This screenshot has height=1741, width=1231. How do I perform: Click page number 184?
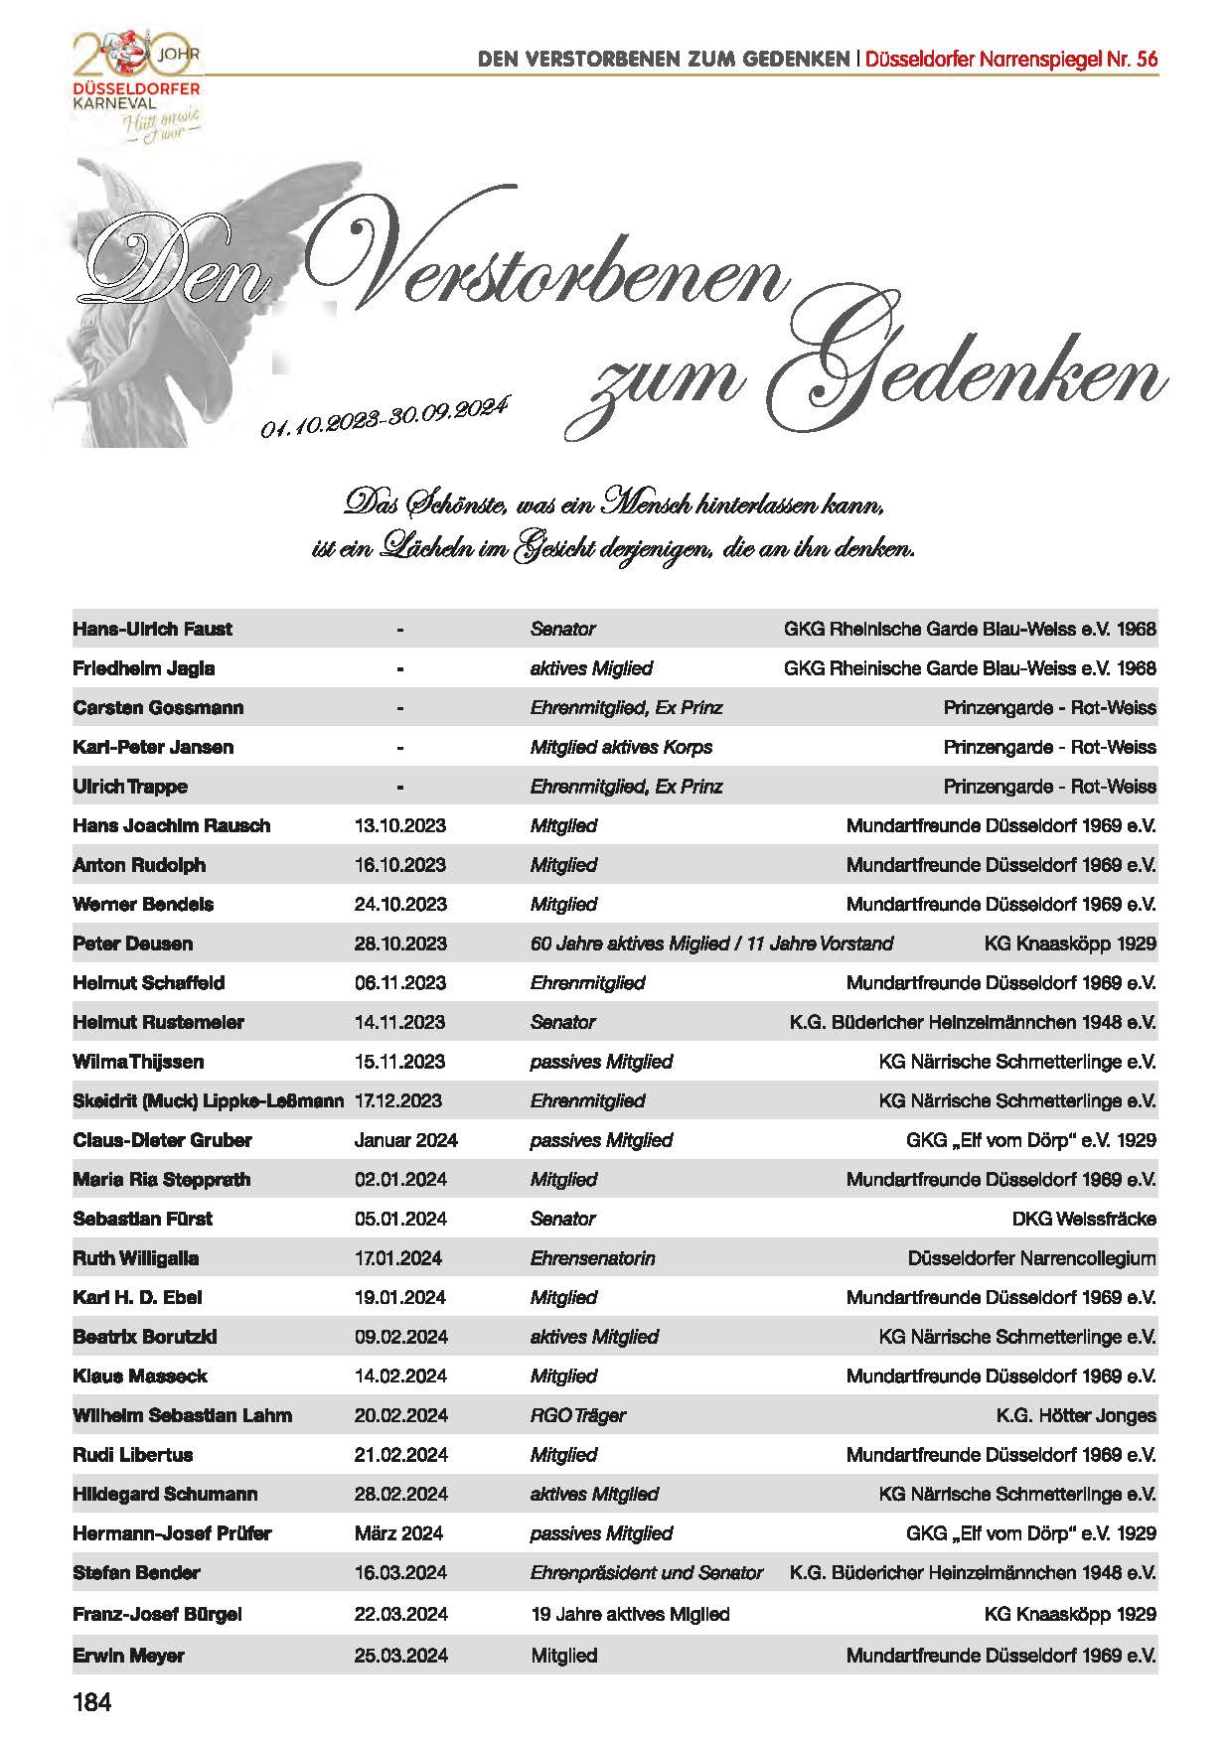click(92, 1703)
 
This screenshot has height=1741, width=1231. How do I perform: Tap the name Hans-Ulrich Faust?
click(152, 629)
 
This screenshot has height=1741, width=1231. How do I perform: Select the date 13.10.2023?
click(399, 825)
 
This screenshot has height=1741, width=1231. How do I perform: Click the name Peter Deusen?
click(132, 943)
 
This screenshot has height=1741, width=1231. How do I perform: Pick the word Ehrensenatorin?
click(592, 1258)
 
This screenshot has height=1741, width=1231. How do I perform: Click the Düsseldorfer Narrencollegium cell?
click(1031, 1258)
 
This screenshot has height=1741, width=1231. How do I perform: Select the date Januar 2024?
click(405, 1140)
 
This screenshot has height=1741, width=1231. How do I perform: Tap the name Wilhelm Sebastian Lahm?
click(182, 1415)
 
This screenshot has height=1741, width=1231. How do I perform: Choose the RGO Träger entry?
click(577, 1415)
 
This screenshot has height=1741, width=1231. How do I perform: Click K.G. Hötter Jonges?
click(1076, 1415)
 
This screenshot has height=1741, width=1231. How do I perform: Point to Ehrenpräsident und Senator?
click(646, 1573)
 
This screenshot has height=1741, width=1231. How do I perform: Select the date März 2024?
click(398, 1533)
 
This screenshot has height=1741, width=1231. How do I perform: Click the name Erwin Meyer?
click(128, 1656)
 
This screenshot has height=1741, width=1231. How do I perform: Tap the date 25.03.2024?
click(400, 1656)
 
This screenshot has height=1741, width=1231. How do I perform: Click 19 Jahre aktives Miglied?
click(630, 1615)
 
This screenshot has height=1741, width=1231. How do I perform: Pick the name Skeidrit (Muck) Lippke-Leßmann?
click(208, 1100)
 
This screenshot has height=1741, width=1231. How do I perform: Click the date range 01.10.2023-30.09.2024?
click(385, 416)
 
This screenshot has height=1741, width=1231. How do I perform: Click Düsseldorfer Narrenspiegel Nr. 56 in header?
click(1011, 59)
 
